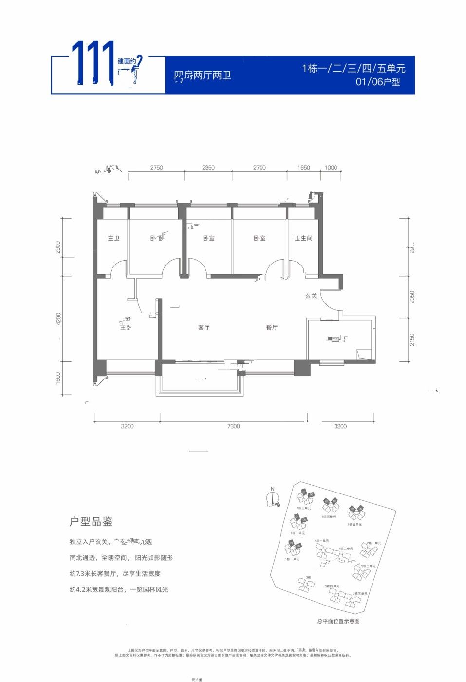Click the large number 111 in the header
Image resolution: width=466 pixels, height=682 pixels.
[x=93, y=63]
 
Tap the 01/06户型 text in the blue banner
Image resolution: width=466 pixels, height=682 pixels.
[x=378, y=82]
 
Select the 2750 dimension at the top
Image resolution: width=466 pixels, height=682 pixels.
[x=156, y=168]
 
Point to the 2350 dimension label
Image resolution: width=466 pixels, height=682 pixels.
[x=208, y=168]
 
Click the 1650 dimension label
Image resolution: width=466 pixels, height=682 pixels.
[x=303, y=168]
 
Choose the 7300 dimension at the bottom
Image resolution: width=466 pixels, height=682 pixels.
[x=233, y=426]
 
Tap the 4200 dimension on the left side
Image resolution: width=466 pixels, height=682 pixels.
[x=59, y=319]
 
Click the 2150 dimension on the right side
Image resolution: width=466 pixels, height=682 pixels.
[x=412, y=340]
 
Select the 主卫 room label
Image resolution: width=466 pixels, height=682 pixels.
[x=113, y=238]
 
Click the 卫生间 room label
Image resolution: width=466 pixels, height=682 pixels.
[x=303, y=238]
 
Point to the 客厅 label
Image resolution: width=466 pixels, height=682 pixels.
[x=204, y=327]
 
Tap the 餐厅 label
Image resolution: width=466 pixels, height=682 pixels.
[x=272, y=327]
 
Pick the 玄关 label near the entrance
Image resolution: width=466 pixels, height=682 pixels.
[x=311, y=296]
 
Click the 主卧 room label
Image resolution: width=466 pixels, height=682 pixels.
[x=126, y=327]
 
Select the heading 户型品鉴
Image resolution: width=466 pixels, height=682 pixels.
[x=91, y=522]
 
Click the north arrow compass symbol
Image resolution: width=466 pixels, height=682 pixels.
[x=273, y=497]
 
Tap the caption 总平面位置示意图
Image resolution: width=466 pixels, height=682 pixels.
[x=338, y=621]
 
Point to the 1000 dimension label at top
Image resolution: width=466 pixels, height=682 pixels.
[x=331, y=168]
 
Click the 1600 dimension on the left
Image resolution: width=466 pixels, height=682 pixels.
[x=58, y=378]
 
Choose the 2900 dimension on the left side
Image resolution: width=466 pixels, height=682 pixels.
[x=58, y=247]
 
